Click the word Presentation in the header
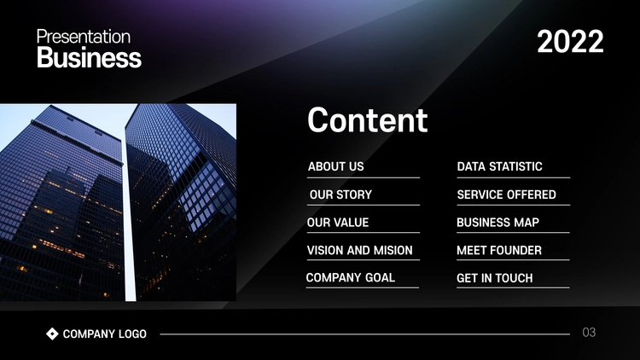[x=84, y=38]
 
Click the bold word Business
[x=89, y=57]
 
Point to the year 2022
[x=570, y=41]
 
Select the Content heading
[x=367, y=120]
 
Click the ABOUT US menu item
[x=336, y=166]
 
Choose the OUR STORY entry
[x=340, y=195]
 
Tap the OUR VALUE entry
[x=338, y=223]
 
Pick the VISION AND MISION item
[x=359, y=250]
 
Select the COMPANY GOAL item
[x=351, y=278]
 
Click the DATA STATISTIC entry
[x=499, y=166]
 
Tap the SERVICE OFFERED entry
[x=507, y=195]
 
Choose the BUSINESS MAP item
[x=498, y=223]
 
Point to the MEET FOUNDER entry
[x=499, y=250]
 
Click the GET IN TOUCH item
[x=495, y=278]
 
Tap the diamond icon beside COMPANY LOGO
[x=52, y=334]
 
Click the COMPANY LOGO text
[x=104, y=334]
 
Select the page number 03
[x=589, y=332]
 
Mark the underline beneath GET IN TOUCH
[x=513, y=287]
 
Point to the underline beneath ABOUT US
[x=364, y=177]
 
